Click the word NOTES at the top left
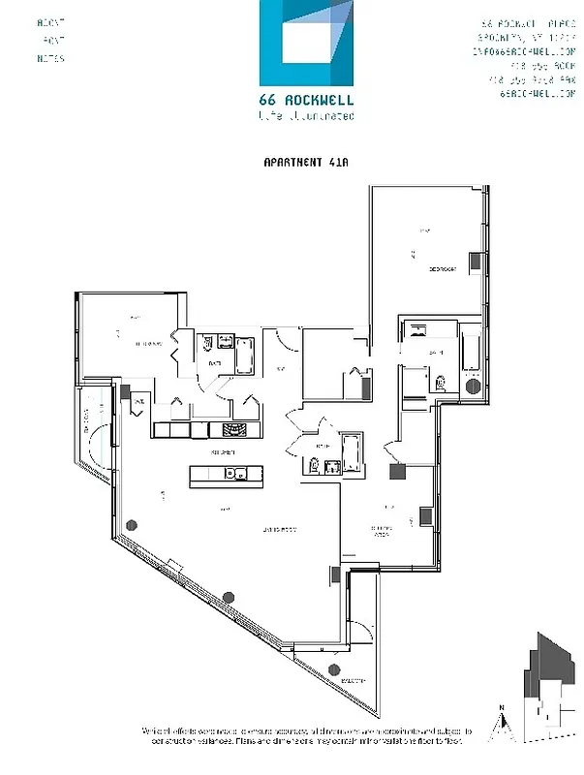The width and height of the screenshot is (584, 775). pos(51,59)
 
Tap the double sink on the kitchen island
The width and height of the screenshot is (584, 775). pos(234,474)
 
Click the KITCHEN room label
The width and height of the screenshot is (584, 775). pos(225,452)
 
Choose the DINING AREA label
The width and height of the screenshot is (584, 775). pos(384,528)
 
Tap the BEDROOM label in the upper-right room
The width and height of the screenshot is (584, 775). pos(445,269)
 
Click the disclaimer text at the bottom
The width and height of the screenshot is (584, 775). pos(291,735)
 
